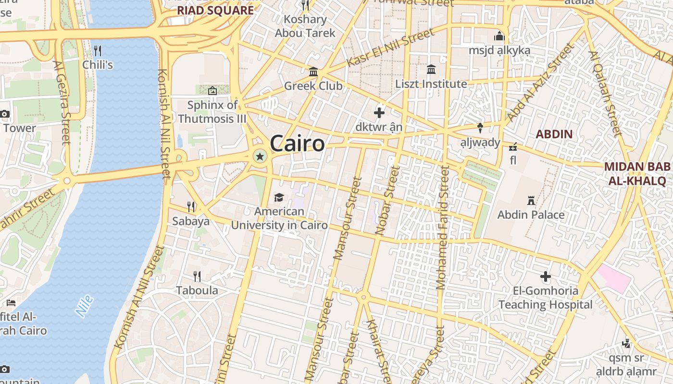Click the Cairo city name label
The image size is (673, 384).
[297, 143]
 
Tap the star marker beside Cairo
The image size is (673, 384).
[260, 156]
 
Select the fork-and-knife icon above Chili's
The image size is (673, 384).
[98, 50]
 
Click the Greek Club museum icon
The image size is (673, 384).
[313, 72]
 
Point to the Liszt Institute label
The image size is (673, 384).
[431, 84]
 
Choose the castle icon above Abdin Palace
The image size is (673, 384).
[531, 200]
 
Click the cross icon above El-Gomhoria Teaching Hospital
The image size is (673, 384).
[545, 276]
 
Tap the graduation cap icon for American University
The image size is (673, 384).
[279, 197]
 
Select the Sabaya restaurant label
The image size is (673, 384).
[191, 221]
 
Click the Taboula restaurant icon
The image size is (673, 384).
[197, 276]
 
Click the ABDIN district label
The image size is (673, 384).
[554, 134]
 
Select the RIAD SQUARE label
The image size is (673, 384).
[215, 10]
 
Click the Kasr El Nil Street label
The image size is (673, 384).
[390, 48]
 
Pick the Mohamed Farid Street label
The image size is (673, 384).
[442, 228]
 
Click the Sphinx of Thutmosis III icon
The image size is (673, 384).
[212, 90]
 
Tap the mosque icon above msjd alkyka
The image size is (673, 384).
[499, 36]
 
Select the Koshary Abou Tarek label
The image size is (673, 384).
[305, 26]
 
